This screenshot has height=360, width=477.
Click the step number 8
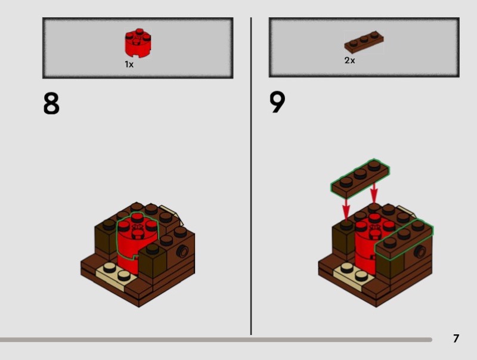[51, 103]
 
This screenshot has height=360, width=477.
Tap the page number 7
[456, 339]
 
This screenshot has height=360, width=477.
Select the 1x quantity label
[129, 64]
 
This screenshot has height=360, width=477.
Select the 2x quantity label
[349, 61]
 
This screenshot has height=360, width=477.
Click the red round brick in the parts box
[138, 43]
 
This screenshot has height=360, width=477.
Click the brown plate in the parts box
[364, 42]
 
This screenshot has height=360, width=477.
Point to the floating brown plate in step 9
[360, 179]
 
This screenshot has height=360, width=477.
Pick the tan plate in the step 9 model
[354, 275]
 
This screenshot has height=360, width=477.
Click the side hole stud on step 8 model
[183, 252]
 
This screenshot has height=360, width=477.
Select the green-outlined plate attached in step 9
[404, 239]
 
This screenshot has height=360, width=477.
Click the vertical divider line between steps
[251, 176]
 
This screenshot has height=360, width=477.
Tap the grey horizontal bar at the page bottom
[216, 340]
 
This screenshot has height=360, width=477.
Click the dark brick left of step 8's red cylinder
[106, 237]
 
